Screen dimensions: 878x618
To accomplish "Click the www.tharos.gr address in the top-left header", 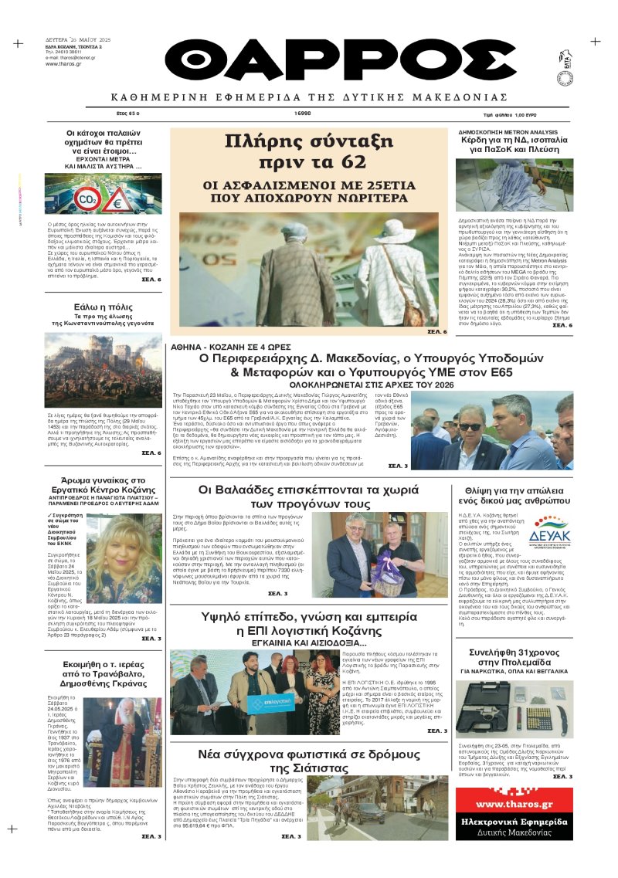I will [x=66, y=63].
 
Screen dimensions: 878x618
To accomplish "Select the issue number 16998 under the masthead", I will [x=302, y=113].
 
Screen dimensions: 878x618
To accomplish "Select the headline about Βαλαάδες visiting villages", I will [x=304, y=497].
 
